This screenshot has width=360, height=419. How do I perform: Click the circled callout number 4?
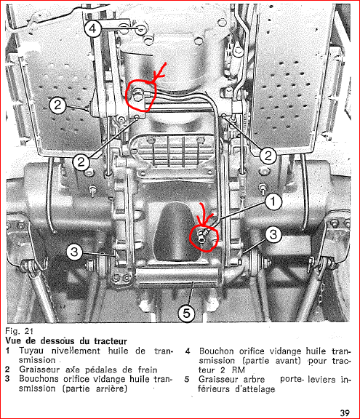92,28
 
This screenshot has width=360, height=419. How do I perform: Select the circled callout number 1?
273,201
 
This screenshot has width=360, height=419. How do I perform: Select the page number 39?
345,412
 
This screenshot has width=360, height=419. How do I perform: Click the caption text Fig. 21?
19,331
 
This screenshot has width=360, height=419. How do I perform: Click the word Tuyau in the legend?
31,351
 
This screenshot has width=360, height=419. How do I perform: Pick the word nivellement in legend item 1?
76,351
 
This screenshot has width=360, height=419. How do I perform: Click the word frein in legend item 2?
148,370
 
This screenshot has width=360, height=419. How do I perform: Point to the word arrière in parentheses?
111,388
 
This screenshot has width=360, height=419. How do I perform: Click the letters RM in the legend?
239,370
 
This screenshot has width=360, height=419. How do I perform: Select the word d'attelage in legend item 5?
255,389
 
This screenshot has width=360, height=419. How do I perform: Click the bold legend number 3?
7,379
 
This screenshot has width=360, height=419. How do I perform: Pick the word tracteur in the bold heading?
111,341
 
